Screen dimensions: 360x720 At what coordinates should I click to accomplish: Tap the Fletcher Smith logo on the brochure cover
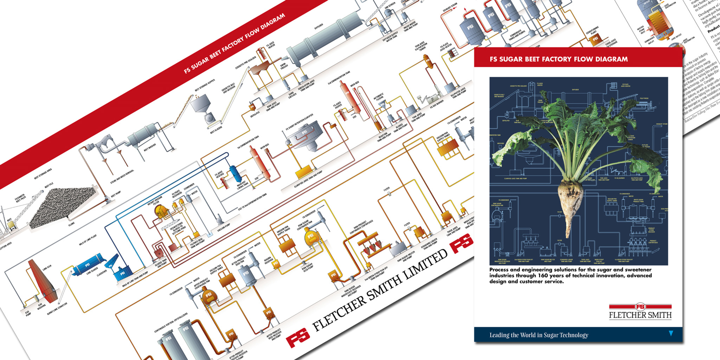pos(640,311)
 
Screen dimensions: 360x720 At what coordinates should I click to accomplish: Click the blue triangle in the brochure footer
pos(671,333)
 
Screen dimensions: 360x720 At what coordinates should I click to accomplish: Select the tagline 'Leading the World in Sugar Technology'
pos(539,335)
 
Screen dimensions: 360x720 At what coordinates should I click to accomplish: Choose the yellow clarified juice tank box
pos(302,173)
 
